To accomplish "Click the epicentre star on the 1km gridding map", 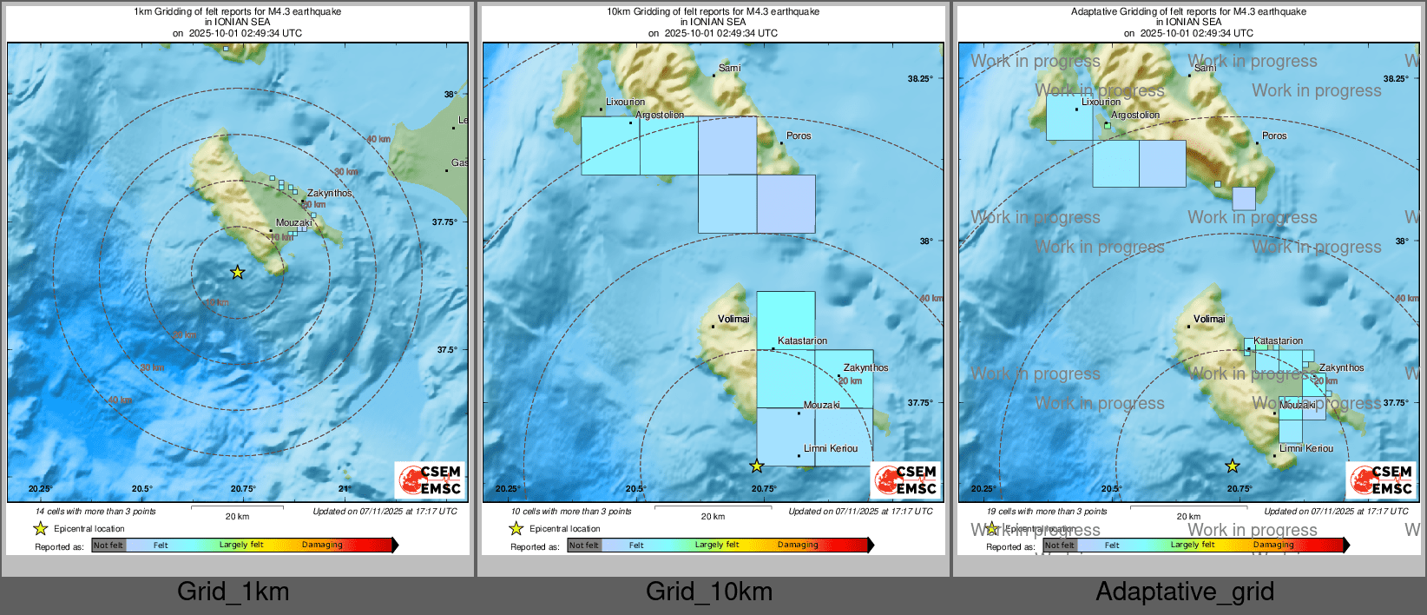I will (238, 273).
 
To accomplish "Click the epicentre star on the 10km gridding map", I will (757, 466).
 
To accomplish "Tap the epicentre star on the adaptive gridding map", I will (1233, 466).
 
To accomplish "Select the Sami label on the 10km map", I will (730, 68).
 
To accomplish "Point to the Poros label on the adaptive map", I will (1274, 136).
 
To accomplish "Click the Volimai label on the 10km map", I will (733, 319).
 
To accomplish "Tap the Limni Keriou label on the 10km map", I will (831, 448).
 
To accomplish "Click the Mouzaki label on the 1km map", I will (294, 222).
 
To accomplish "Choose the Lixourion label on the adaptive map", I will (1101, 102).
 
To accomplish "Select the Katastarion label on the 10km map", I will (802, 341).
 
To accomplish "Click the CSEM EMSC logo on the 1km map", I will (430, 479).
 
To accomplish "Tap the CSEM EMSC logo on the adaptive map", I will (1381, 479).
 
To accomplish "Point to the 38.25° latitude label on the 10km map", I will (920, 78).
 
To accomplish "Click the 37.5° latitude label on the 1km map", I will (447, 349).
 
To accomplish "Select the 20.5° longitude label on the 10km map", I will (635, 488).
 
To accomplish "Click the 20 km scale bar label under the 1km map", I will (237, 516).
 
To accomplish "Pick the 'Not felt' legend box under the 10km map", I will (584, 546).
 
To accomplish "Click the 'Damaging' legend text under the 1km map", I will (322, 545).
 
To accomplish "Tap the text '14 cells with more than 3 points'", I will (95, 511).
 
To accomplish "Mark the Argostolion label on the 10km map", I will (660, 115).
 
